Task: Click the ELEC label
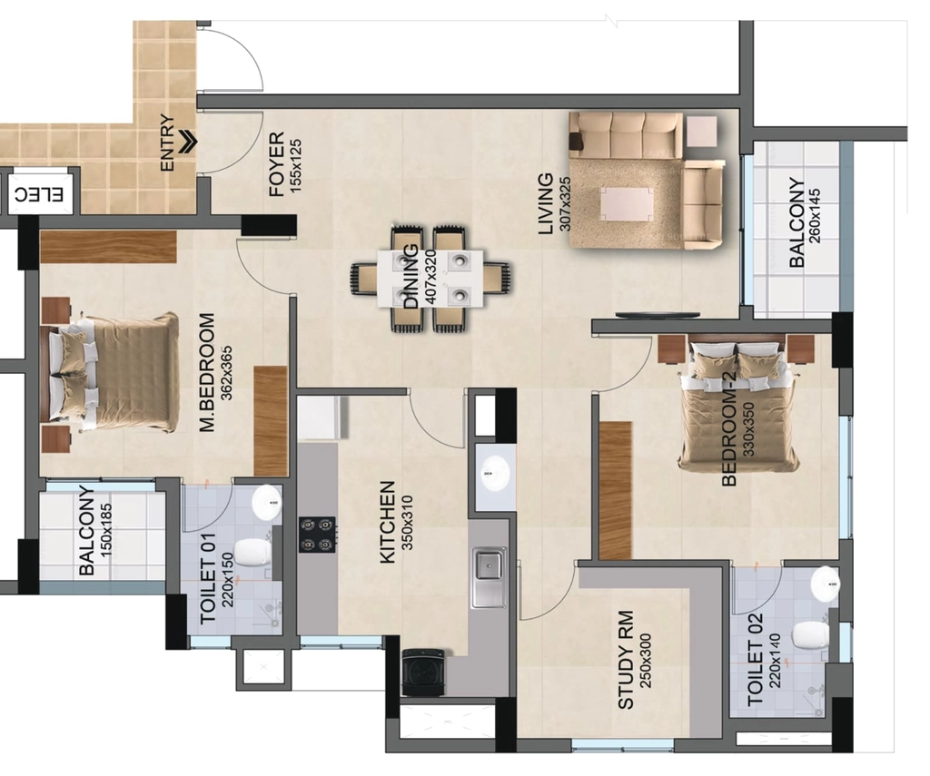tap(39, 193)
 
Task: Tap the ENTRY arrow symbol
tap(189, 142)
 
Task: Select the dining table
tap(430, 278)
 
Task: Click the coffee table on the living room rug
tap(627, 204)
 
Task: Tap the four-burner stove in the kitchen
tap(317, 535)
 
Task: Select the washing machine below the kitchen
tap(423, 672)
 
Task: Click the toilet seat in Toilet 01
tap(253, 553)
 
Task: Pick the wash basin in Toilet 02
tap(825, 582)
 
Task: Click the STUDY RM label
tap(626, 660)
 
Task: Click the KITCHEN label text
tap(387, 522)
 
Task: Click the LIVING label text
tap(545, 204)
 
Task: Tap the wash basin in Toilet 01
tap(268, 503)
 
